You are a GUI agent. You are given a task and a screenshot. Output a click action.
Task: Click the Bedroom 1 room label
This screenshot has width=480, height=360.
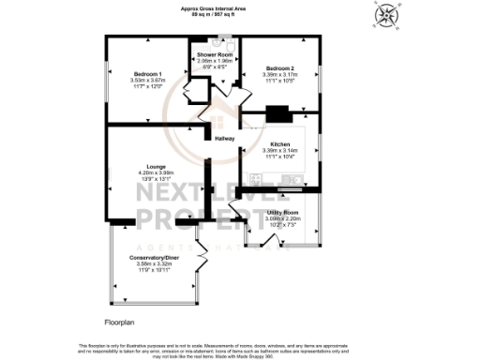[147, 73]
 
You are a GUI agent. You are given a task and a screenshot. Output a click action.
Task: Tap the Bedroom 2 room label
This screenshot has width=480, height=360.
[279, 68]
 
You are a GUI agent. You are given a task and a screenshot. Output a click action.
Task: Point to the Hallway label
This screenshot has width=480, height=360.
[225, 139]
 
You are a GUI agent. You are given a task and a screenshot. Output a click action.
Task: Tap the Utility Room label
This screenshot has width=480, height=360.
[282, 213]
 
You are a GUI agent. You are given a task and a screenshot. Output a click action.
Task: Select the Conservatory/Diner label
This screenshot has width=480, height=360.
[157, 258]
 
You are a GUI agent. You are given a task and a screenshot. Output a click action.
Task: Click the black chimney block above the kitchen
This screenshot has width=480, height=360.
[277, 114]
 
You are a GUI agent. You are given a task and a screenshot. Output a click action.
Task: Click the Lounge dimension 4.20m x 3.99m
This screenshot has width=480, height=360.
[157, 172]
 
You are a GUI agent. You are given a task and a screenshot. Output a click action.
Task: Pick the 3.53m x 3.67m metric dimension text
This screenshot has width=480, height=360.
[147, 81]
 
